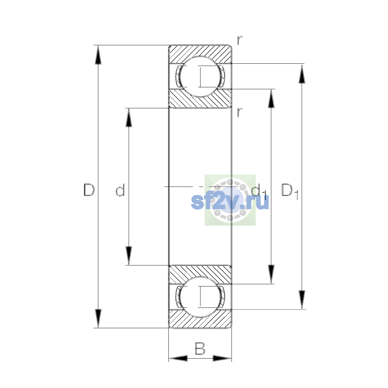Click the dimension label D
pos(89,190)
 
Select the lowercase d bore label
pos(120,190)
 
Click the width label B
pos(200,349)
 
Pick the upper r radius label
pos(239,40)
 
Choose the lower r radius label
pos(239,112)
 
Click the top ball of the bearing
pos(200,77)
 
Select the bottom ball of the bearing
pos(200,297)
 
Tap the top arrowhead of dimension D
pos(98,55)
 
